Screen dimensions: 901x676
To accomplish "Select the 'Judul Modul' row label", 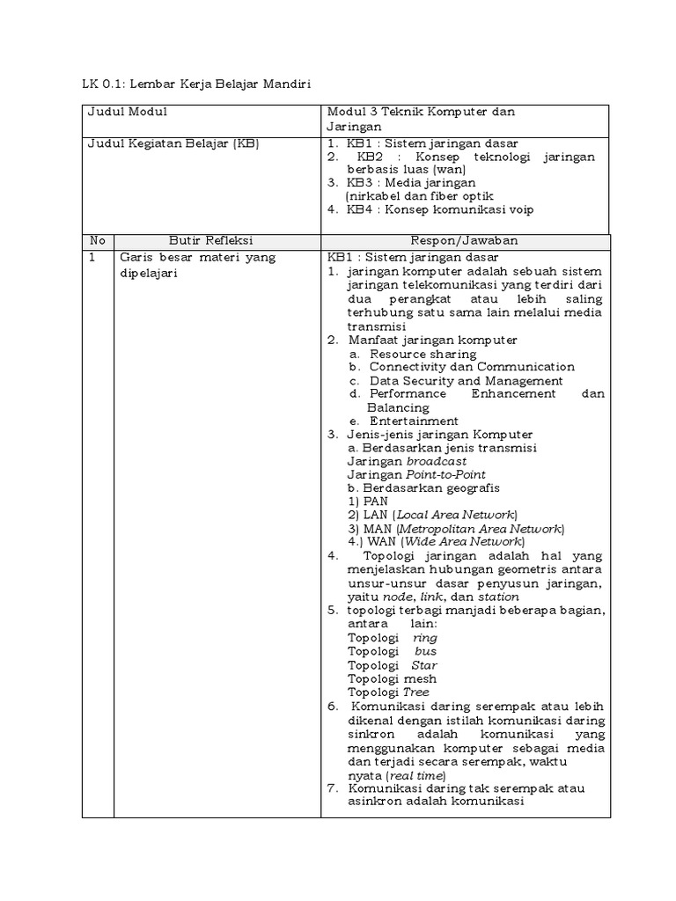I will point(127,112).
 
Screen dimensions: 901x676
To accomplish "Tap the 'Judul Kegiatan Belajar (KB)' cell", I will point(173,143).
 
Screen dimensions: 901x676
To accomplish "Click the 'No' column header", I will point(97,240).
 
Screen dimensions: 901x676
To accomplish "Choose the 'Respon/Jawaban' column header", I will point(464,240).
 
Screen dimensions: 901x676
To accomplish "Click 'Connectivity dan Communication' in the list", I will point(471,367).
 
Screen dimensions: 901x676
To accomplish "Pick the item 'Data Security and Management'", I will point(466,381).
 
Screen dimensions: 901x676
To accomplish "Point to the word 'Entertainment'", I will point(414,421).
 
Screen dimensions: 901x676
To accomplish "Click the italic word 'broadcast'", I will point(437,461).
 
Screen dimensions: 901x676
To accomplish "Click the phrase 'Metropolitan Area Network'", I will point(480,528).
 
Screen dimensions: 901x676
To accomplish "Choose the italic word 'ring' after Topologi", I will point(424,637).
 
